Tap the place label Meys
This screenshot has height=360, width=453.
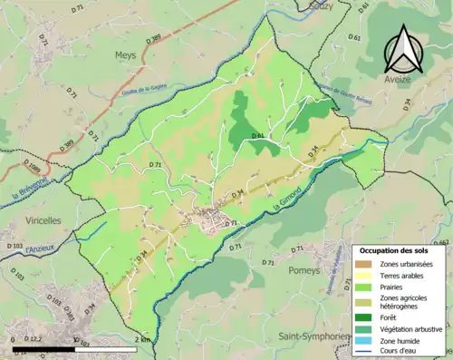[124, 54]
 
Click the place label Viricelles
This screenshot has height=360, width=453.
[37, 219]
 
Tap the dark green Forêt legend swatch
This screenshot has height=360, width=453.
[365, 316]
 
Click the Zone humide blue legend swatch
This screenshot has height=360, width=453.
[365, 340]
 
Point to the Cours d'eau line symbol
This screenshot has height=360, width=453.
[365, 352]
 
